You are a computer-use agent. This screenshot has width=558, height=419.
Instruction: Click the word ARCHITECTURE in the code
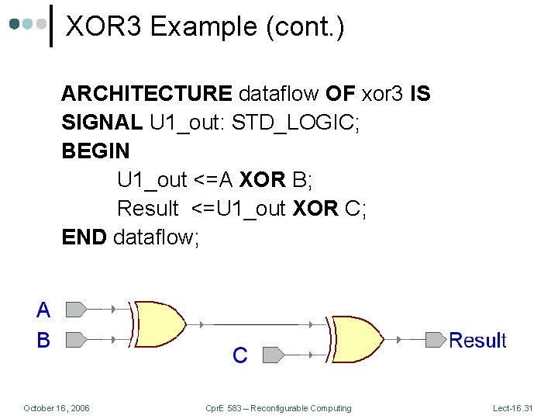pos(146,95)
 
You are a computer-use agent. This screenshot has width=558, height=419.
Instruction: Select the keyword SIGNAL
pos(102,123)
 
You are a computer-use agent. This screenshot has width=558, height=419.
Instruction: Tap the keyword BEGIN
pos(95,151)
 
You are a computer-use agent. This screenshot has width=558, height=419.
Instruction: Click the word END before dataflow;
pos(84,237)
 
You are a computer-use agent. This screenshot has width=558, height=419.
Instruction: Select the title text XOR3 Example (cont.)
pos(205,27)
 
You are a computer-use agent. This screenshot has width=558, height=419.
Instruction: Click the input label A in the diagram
pos(43,310)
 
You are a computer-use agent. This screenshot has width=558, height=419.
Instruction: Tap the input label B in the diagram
pos(43,340)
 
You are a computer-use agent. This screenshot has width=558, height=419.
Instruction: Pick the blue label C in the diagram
pos(240,355)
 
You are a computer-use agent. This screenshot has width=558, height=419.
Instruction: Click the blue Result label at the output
pos(477,340)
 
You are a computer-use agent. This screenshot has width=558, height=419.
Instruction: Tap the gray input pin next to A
pos(76,310)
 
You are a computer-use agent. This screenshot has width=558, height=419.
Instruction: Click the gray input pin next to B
pos(76,339)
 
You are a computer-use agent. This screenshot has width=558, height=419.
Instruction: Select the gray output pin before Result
pos(436,339)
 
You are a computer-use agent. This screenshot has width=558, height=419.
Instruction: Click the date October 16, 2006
pos(57,408)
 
